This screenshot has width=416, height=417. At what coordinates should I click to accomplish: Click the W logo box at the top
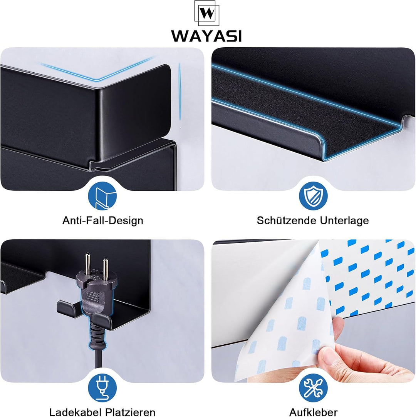point(207,13)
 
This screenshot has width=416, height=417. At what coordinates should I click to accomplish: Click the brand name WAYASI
point(206,36)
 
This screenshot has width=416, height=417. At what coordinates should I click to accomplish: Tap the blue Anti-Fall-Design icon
point(102,196)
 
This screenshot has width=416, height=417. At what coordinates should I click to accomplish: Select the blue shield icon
point(313,196)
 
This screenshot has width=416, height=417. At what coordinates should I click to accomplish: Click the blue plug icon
point(102,388)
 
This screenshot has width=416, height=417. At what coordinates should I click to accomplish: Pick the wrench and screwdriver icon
point(313,388)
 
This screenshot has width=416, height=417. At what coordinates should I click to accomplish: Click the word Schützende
point(287,220)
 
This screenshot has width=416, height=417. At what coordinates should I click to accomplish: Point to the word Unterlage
point(344,220)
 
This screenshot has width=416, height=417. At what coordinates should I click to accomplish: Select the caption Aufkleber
point(313,412)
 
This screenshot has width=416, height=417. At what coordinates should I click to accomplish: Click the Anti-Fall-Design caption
point(103,220)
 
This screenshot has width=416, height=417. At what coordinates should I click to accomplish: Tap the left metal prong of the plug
point(87,263)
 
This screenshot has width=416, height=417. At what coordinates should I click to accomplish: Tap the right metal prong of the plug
point(106,269)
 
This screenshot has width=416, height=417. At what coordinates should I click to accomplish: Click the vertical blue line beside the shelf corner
point(180,92)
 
